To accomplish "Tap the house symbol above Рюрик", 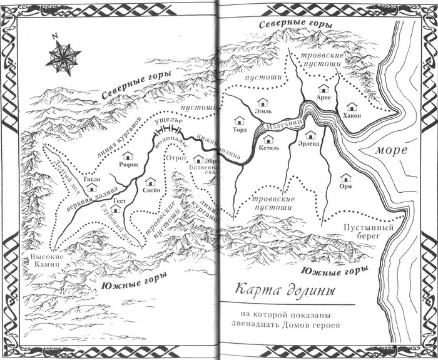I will tap(128, 155).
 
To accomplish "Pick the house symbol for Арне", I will tap(323, 88).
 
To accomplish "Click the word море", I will tap(392, 151).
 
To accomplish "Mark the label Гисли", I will tap(92, 178).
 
